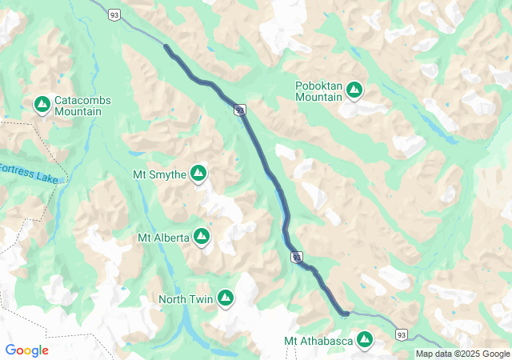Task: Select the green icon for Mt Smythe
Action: (198, 174)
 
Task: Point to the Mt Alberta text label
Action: (163, 238)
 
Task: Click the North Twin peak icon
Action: (226, 298)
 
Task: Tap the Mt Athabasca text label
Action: (318, 342)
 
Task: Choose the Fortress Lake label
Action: (29, 174)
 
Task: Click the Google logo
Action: (26, 350)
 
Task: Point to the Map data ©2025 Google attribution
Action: (462, 354)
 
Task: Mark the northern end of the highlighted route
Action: (166, 47)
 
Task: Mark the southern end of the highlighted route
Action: (344, 313)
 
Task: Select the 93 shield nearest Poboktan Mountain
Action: (239, 110)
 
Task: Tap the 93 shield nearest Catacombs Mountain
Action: (116, 15)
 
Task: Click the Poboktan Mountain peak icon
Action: (354, 91)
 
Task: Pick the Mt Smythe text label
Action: (159, 174)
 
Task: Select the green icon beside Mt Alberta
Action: (202, 237)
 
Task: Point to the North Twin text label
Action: (185, 299)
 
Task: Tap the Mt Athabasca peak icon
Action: (365, 341)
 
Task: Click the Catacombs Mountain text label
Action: (82, 106)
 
